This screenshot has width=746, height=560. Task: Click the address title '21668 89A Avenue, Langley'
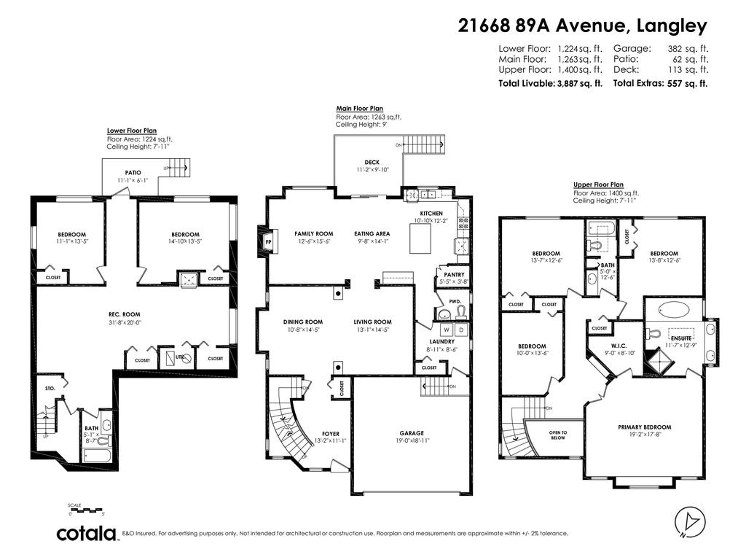click(582, 26)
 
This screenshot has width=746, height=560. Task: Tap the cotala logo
click(87, 534)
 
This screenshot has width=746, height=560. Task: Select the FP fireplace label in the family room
click(268, 242)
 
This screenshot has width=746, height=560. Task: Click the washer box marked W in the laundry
click(447, 330)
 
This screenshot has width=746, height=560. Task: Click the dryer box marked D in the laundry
click(460, 330)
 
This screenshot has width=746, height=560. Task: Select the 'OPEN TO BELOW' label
click(557, 436)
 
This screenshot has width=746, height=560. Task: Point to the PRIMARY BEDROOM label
click(644, 427)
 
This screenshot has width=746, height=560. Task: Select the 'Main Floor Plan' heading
click(359, 108)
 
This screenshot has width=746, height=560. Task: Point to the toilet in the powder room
click(461, 313)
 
